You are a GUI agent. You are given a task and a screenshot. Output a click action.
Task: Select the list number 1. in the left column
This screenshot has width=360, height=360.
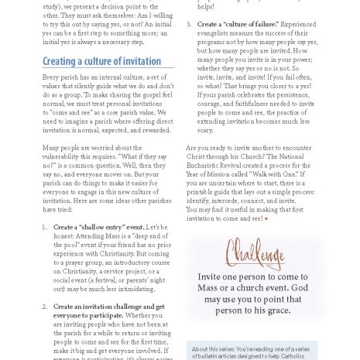pos(45,227)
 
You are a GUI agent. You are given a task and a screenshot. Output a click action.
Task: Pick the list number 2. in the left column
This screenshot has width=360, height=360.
pos(45,306)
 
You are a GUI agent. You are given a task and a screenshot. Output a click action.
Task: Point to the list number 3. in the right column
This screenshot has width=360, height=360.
pos(190,25)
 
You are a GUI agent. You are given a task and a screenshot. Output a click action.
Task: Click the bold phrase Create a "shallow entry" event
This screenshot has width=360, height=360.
pos(98,227)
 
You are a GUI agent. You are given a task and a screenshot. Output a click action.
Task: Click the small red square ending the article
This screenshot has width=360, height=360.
pos(266,219)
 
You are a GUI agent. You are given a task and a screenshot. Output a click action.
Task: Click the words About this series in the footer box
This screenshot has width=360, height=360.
pos(214,349)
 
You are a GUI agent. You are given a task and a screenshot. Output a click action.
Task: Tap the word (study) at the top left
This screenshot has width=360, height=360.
pos(55,4)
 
